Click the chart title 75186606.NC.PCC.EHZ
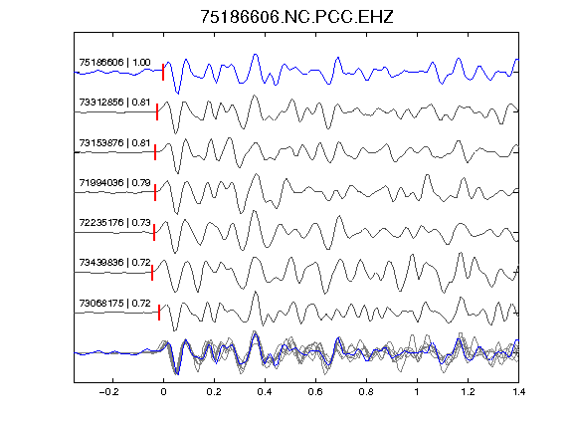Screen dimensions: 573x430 pos(296,17)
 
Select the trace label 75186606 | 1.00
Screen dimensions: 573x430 pos(114,63)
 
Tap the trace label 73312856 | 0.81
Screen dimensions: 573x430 pos(114,102)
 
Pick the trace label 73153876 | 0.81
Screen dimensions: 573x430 pos(114,142)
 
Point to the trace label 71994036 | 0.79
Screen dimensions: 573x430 pos(114,182)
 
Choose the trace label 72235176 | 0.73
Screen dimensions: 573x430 pos(114,222)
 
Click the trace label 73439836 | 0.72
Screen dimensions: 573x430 pos(114,263)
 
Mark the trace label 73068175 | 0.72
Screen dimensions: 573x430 pos(114,304)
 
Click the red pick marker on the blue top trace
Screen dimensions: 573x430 pos(163,72)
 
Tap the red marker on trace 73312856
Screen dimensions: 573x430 pos(157,111)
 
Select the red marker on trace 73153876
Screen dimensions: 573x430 pos(155,152)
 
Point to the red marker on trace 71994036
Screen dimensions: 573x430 pos(155,193)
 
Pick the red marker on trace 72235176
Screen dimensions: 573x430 pos(154,233)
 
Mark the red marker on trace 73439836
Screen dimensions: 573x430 pos(152,273)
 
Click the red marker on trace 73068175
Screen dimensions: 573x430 pos(159,313)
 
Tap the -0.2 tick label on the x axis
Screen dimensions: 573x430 pos(109,392)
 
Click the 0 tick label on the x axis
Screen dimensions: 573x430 pos(163,392)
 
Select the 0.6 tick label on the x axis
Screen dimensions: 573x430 pos(315,392)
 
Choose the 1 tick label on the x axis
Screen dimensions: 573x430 pos(417,392)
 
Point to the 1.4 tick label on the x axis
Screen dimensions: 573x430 pos(519,392)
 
